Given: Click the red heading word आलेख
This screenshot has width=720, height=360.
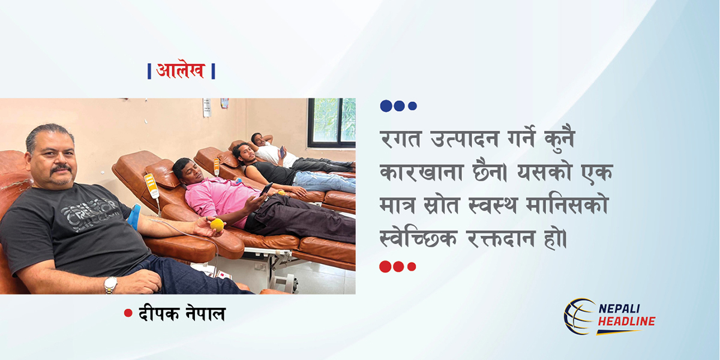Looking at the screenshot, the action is pos(181,71).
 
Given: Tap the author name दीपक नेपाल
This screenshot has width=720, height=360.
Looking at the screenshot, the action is pos(182,313).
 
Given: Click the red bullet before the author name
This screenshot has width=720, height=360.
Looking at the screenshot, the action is pos(128,313).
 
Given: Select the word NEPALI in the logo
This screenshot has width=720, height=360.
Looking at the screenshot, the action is pos(619,308).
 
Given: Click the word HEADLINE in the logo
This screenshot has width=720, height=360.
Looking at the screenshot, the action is pos(626,321).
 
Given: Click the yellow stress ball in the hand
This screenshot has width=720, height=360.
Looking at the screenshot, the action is pos(217,225).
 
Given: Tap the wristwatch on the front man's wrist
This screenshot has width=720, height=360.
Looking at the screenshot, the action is pos(110,285).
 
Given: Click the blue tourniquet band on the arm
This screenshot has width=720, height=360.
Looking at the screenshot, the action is pos(134,217).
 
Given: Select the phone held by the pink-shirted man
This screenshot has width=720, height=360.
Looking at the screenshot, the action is pos(266,188).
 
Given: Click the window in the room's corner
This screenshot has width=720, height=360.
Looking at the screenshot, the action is pos(331,122).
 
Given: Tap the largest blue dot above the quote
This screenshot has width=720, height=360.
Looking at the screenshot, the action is pos(386,106).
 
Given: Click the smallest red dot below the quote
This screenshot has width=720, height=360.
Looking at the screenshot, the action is pos(412,266).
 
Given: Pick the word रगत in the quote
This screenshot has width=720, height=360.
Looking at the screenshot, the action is pos(400,139).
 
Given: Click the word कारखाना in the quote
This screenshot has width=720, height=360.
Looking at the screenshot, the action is pos(422,173).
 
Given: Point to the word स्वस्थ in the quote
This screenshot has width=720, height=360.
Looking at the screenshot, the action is pos(493,205).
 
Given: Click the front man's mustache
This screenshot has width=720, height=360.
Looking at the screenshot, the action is pos(62,168).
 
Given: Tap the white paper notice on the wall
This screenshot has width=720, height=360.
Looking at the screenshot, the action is pos(207,107).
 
